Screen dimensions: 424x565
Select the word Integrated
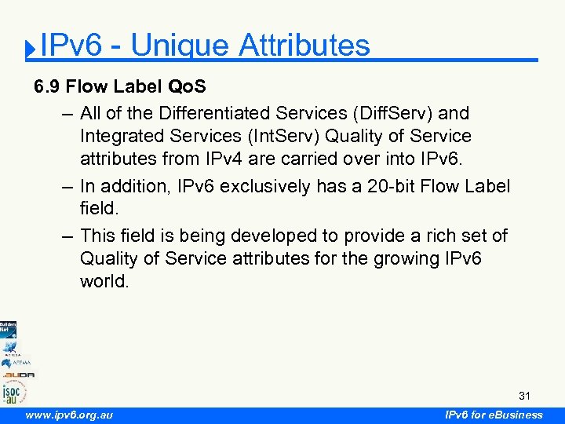click(119, 136)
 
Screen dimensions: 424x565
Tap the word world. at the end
click(104, 281)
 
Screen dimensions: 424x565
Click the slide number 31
click(524, 395)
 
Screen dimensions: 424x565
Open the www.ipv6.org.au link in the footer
click(68, 415)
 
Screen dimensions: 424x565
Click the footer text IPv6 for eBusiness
click(494, 415)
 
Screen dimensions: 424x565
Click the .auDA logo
click(17, 375)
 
